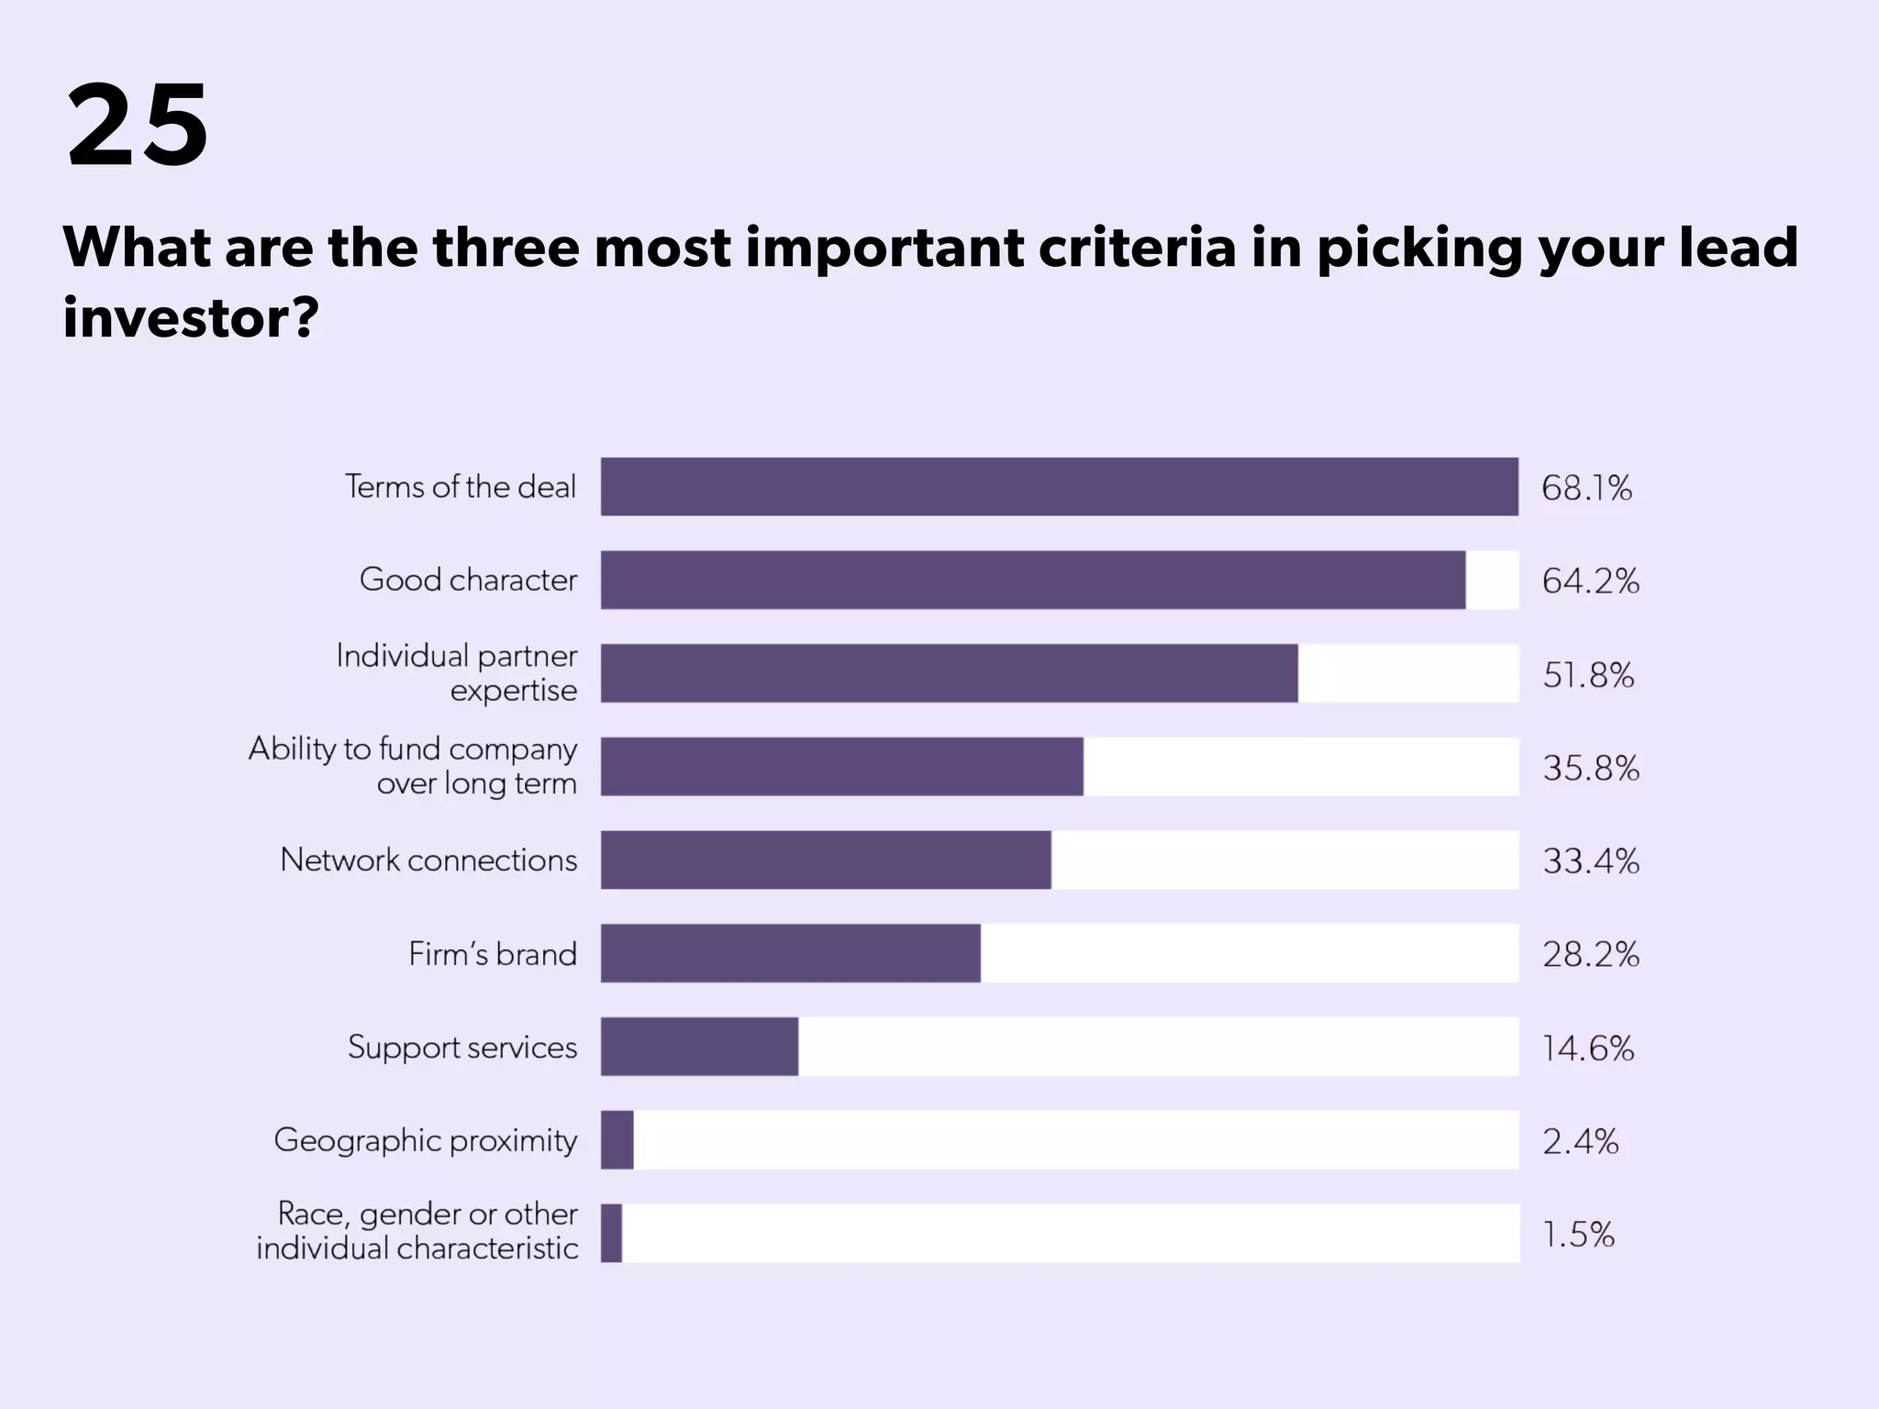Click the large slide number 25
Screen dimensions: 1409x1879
[x=138, y=125]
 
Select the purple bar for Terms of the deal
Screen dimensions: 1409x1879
[x=1059, y=486]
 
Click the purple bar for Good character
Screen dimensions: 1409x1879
[x=1032, y=580]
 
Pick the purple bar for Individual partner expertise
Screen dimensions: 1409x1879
[x=949, y=673]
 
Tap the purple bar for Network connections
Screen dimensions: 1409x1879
[x=826, y=860]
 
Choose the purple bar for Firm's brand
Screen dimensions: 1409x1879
[x=790, y=953]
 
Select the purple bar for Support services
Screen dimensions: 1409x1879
[x=699, y=1047]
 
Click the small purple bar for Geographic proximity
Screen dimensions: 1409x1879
[x=617, y=1140]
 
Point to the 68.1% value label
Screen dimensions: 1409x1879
[x=1586, y=488]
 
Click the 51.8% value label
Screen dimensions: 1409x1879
[x=1588, y=675]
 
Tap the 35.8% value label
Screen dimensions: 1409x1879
[x=1590, y=768]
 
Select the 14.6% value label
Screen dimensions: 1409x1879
[x=1588, y=1048]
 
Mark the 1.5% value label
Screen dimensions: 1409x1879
[x=1578, y=1235]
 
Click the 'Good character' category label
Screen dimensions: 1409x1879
[x=468, y=580]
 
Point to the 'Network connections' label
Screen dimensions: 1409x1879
[x=428, y=860]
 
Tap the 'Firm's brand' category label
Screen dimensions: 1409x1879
[x=493, y=954]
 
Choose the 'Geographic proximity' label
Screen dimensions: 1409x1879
[x=426, y=1140]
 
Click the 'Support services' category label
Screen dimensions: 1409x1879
[x=462, y=1047]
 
